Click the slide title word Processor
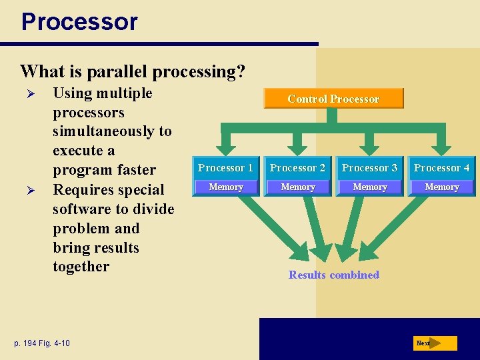(79, 21)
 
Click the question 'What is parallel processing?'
(133, 71)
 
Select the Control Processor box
(333, 99)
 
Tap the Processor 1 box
(225, 168)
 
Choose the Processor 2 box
(297, 168)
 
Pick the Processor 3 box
(369, 168)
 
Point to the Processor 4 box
(441, 168)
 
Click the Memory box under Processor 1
(225, 187)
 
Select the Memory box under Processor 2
(297, 187)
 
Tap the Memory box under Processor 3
(369, 187)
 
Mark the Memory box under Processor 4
(441, 187)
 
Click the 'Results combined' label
(333, 275)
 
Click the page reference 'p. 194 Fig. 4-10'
(41, 343)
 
